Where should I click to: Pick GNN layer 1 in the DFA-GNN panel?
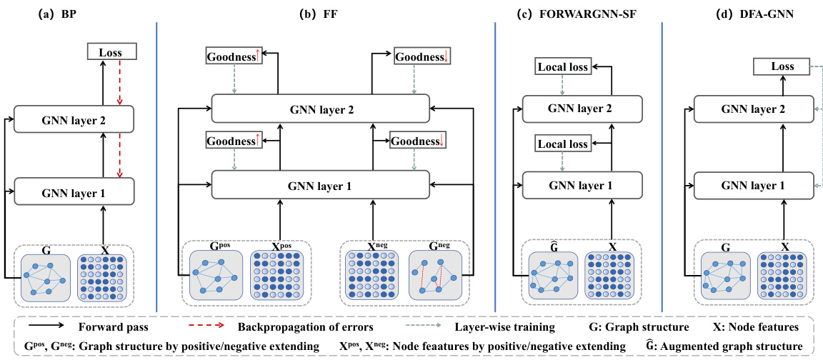[754, 186]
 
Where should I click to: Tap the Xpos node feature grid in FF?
[277, 275]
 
